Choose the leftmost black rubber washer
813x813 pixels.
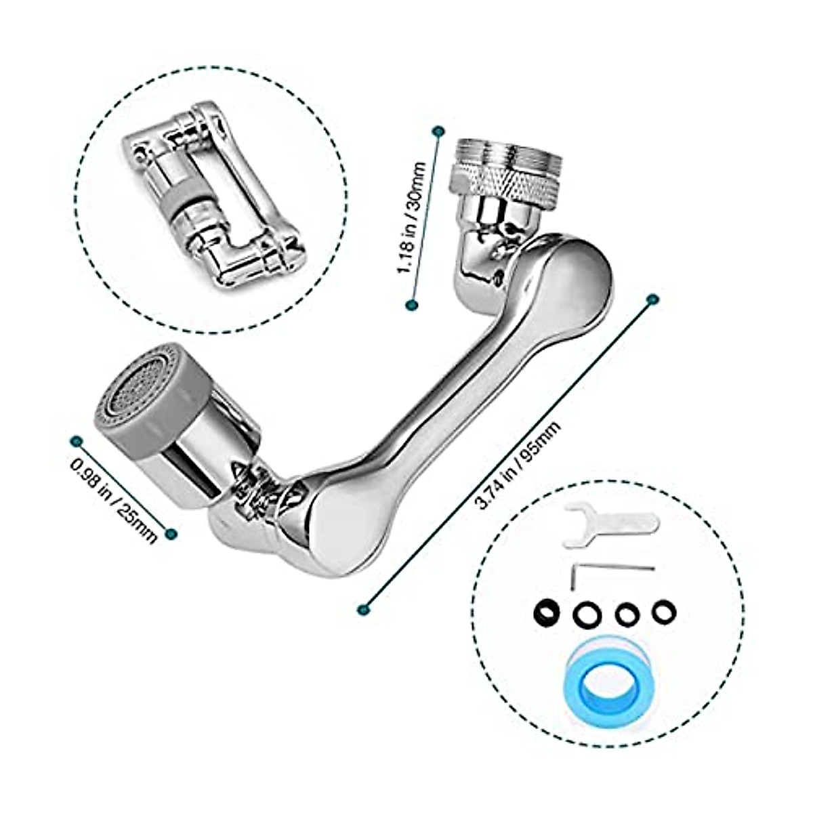tap(545, 611)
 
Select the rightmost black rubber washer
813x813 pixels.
tap(664, 612)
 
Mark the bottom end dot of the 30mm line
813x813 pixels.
tap(411, 305)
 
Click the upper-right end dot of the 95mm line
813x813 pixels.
tap(653, 299)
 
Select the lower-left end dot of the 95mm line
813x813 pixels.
tap(365, 608)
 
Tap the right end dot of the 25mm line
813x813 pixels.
tap(171, 533)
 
